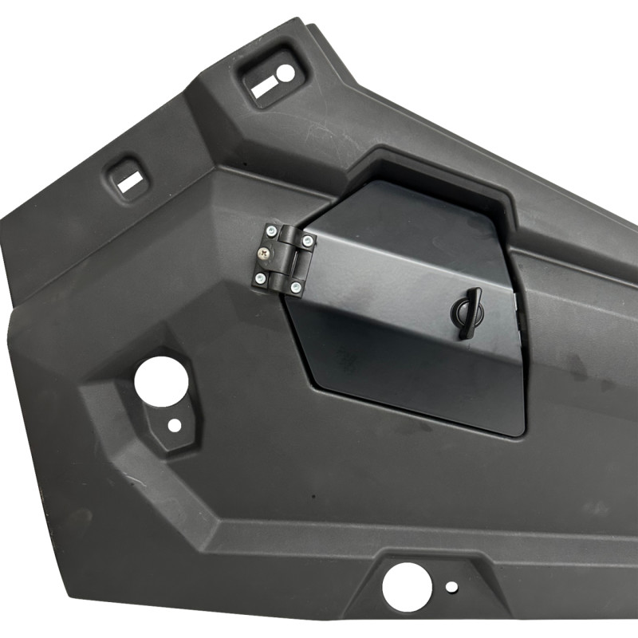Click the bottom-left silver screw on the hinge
(260, 278)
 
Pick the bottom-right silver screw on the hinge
(296, 286)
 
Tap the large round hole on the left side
(161, 381)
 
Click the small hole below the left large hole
(174, 425)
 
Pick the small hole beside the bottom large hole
(451, 587)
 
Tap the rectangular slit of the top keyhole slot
(264, 88)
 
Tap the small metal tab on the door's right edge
(518, 301)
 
